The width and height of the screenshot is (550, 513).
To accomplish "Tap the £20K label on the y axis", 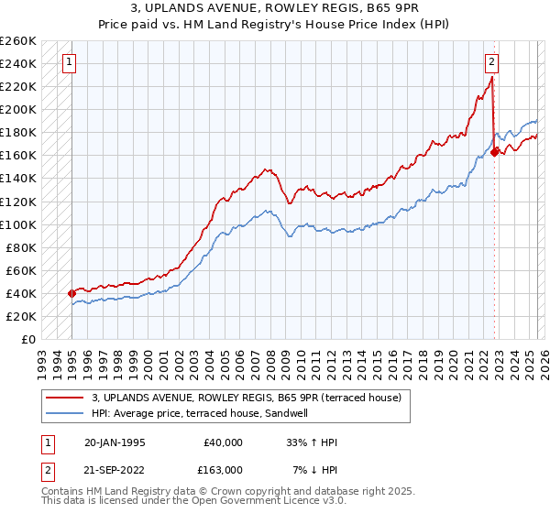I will point(21,316).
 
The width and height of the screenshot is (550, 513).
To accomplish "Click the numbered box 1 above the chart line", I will point(70,62).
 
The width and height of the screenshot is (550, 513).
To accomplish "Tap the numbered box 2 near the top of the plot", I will point(491,62).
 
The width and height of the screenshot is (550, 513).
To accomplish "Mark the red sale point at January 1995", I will point(71,293).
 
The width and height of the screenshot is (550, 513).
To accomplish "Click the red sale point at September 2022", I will point(494,152).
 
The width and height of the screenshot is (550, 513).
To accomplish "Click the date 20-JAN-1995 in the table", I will point(115,442).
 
